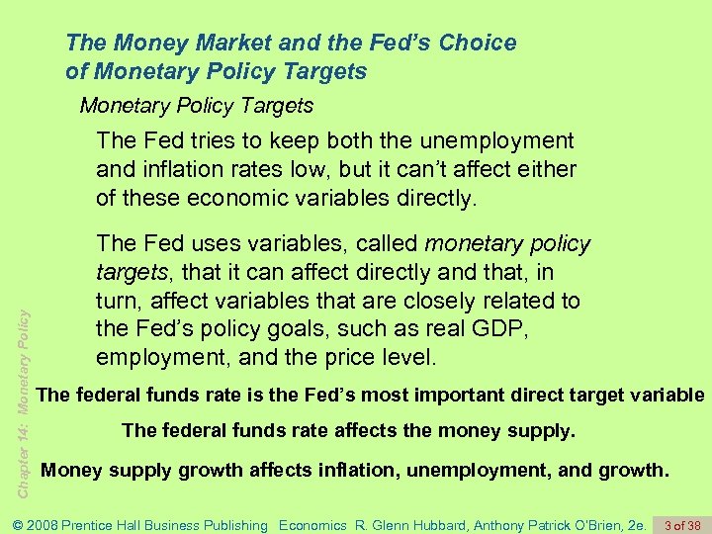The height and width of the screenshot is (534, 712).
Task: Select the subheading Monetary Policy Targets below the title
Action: [196, 106]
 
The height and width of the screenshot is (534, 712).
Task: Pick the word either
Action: [546, 169]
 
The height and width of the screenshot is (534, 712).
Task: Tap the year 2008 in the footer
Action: [44, 525]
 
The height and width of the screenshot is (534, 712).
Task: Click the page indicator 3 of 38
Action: [682, 525]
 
